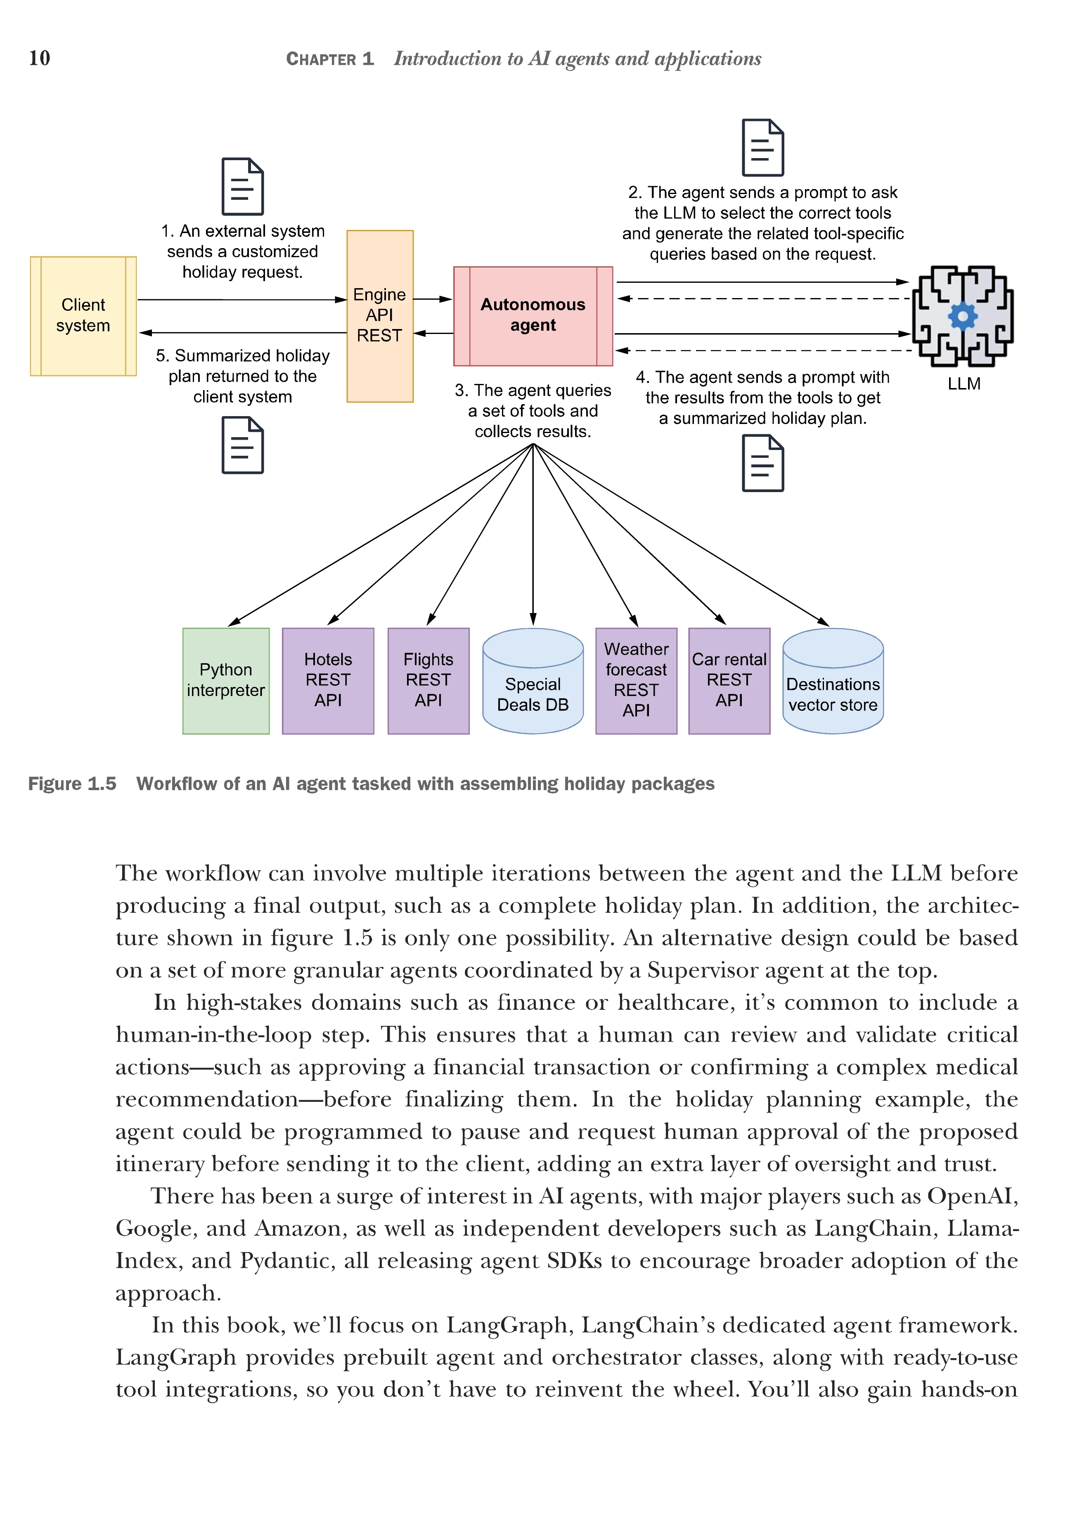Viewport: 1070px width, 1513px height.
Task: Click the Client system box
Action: click(83, 316)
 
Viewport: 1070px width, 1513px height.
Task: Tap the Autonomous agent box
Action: click(533, 316)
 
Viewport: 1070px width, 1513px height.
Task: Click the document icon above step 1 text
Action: click(242, 187)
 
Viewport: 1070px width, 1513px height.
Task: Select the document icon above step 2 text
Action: click(762, 148)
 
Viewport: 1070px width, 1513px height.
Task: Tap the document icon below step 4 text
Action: click(762, 463)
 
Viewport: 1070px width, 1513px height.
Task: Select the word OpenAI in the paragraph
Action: click(972, 1196)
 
